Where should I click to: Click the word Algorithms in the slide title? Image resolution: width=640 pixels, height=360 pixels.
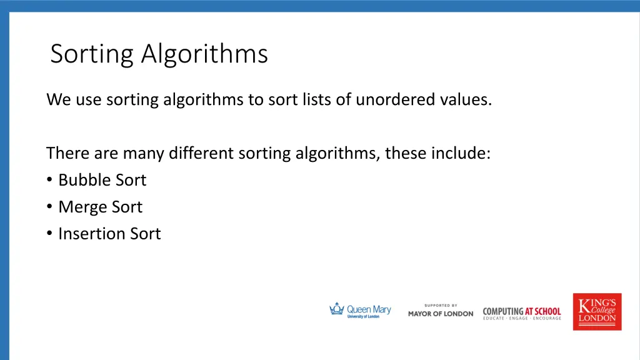(x=204, y=54)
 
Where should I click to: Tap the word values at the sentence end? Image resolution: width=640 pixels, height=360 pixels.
(x=466, y=99)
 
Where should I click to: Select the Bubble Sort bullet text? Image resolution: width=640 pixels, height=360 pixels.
(x=102, y=180)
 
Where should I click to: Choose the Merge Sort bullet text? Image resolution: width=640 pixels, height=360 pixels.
(x=100, y=207)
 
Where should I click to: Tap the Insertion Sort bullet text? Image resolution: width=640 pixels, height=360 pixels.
(x=109, y=234)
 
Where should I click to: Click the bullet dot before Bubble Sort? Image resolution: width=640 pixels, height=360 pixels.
(x=49, y=181)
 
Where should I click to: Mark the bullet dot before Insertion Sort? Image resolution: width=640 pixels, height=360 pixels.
(x=49, y=234)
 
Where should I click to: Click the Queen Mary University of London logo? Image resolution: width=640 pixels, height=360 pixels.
(x=360, y=311)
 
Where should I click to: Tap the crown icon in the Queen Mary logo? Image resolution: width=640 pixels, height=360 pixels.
(x=337, y=309)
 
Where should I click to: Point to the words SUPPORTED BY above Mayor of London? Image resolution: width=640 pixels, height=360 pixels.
(x=441, y=305)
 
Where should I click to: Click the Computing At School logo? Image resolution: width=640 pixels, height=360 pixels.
(x=522, y=313)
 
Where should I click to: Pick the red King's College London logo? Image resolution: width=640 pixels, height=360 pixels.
(x=597, y=311)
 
